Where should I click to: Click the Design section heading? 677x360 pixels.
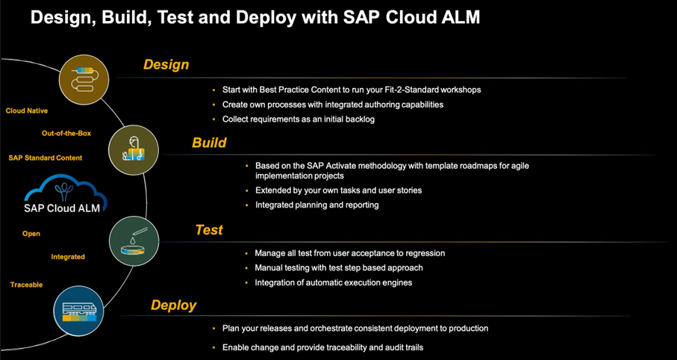tap(166, 65)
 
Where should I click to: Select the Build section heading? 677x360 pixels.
tap(209, 143)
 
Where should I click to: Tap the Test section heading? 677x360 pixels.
tap(209, 230)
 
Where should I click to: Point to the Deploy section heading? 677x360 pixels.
tap(173, 305)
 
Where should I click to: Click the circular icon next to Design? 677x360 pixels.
tap(84, 78)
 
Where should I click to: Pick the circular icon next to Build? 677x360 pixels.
tap(134, 149)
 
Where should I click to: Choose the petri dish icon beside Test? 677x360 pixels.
tap(134, 240)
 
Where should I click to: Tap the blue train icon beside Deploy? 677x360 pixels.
tap(78, 308)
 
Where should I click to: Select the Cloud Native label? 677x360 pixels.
tap(27, 111)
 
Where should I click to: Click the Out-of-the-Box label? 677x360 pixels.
tap(66, 134)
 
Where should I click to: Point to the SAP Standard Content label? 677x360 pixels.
tap(46, 158)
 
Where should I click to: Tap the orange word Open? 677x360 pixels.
tap(31, 234)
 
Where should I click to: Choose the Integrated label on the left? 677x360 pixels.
tap(68, 257)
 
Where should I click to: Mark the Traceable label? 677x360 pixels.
tap(27, 285)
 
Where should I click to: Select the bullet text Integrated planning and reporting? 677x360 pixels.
tap(316, 205)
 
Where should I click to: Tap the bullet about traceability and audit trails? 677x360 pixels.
tap(323, 348)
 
